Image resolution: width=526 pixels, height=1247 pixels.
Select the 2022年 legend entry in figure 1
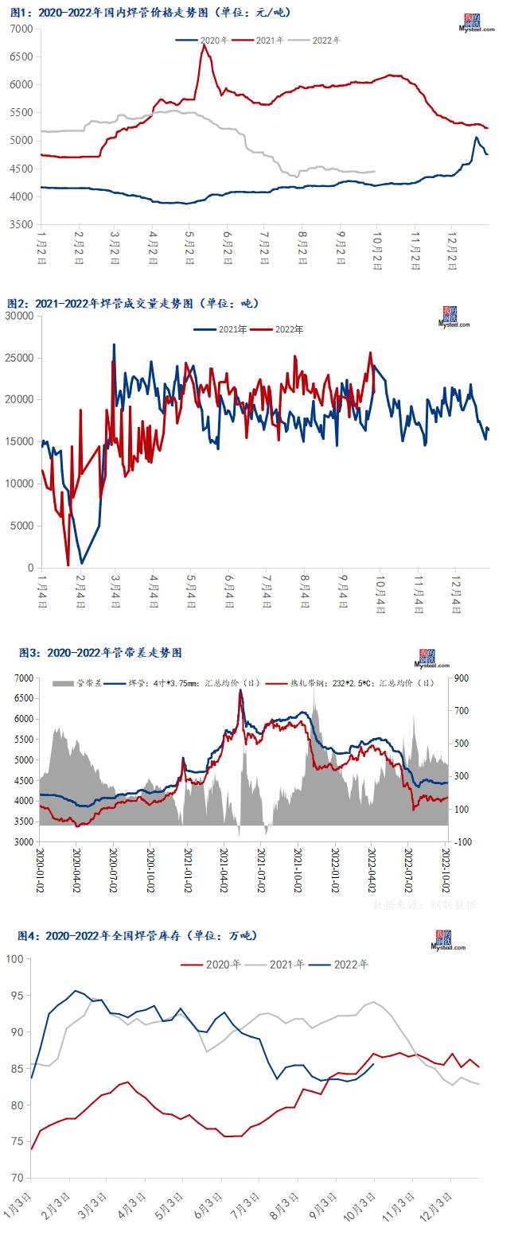[323, 40]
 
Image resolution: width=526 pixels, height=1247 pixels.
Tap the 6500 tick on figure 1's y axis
[21, 56]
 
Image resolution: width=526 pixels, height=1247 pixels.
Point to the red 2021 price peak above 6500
[205, 45]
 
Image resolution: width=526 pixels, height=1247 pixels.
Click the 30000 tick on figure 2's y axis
[18, 316]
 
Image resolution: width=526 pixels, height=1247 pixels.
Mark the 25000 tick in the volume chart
[18, 358]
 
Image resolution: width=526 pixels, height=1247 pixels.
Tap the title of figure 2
[133, 303]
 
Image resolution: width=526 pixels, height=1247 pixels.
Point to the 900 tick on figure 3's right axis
[462, 678]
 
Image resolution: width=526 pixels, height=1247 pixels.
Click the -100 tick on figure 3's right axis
[462, 841]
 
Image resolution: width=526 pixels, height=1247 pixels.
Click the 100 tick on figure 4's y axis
[16, 958]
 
